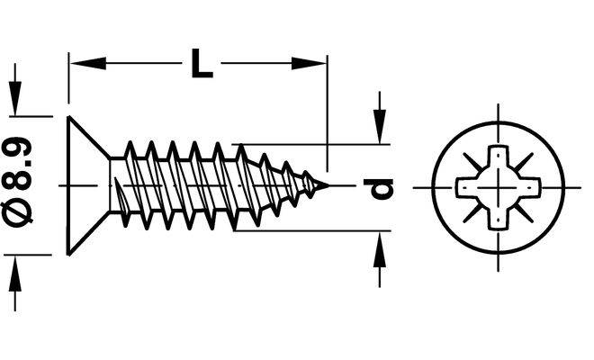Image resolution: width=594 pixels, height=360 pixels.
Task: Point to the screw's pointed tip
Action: click(x=325, y=186)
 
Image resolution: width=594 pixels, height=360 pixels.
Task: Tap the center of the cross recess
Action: click(x=498, y=187)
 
